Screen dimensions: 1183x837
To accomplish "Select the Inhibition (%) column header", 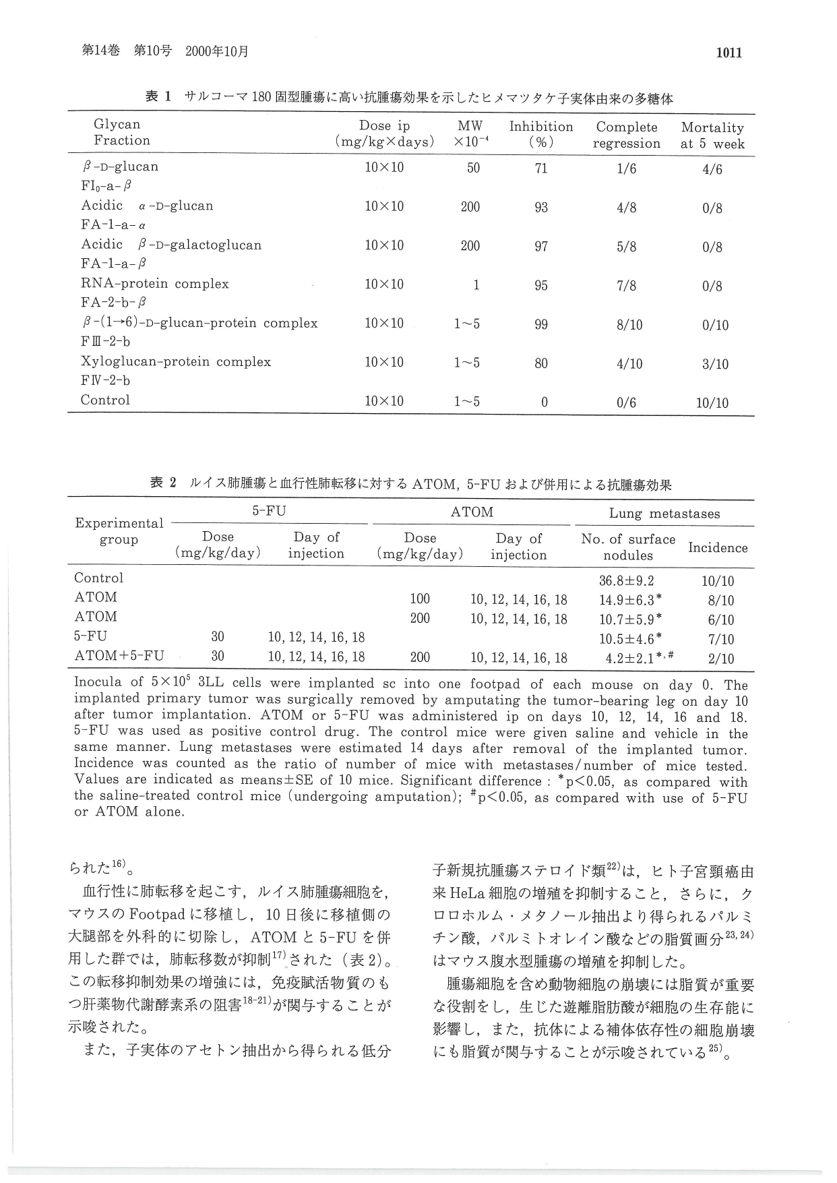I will click(540, 134).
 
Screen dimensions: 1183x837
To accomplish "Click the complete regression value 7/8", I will click(627, 286).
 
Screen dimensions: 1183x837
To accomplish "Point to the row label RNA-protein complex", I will click(155, 284).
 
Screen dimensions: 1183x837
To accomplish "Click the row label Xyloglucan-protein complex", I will click(176, 362).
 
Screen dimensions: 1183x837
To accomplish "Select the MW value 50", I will click(473, 168).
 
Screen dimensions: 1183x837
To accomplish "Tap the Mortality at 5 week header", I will click(712, 135).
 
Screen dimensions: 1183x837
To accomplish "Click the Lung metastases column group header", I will click(664, 514).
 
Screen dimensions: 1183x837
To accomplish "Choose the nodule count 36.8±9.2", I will click(626, 581).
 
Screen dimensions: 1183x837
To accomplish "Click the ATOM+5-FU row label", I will click(119, 655).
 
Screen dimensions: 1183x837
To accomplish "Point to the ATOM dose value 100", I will click(420, 599).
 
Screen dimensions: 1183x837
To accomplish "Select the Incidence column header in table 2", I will click(717, 547).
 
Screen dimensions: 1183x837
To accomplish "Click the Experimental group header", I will click(119, 531).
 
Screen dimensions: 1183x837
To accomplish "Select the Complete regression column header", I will click(626, 135).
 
